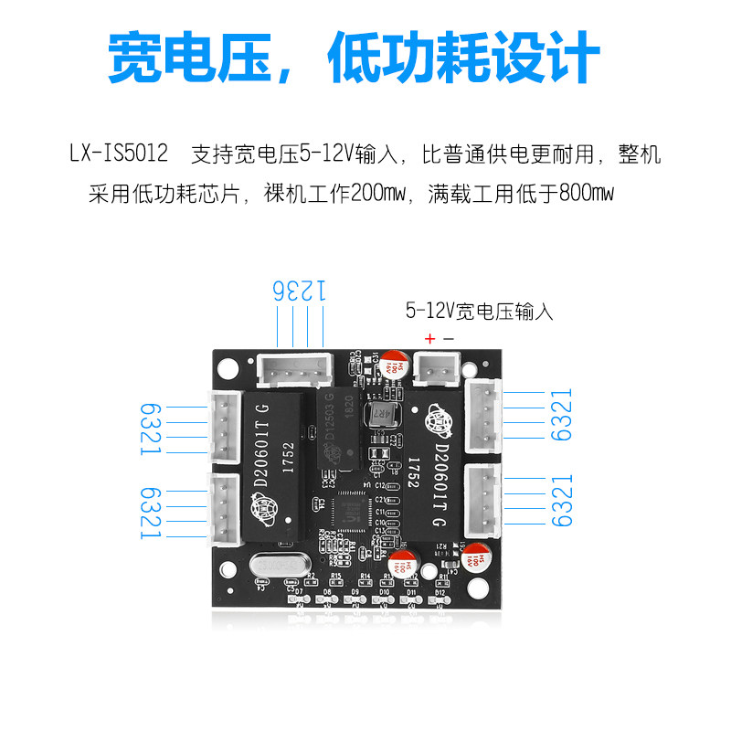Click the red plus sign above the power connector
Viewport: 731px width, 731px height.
point(429,338)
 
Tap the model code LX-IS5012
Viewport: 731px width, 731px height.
point(119,154)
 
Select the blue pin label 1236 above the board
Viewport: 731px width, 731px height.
point(300,291)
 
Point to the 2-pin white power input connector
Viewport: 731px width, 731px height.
point(436,371)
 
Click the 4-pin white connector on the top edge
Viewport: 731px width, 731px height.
point(293,370)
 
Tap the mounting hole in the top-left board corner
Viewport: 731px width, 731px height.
point(228,368)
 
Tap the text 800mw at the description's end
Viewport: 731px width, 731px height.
point(589,194)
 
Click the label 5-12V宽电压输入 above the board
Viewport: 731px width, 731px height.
point(480,311)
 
